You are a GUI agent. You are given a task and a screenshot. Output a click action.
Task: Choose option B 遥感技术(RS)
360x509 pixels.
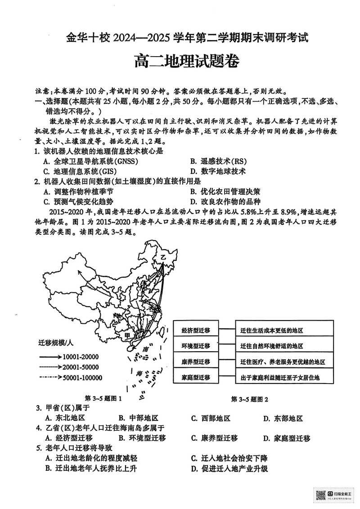pos(218,161)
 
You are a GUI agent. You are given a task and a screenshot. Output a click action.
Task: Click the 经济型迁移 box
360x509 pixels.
pos(196,330)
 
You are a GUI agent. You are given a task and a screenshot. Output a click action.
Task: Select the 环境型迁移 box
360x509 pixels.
pos(196,346)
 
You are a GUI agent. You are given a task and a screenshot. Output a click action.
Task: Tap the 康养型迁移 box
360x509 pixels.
pos(196,362)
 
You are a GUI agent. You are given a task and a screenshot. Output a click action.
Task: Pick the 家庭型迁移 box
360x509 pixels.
pos(196,377)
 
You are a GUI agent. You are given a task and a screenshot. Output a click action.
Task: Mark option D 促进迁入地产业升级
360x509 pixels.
pos(229,469)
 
